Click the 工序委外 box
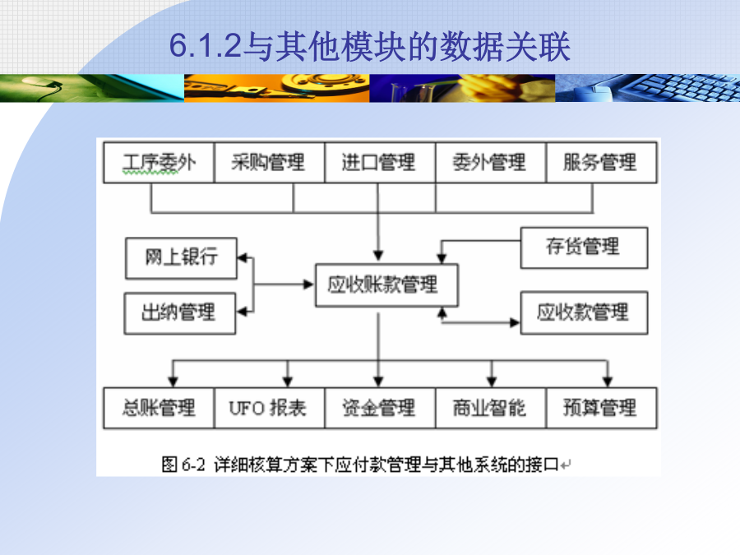click(x=159, y=162)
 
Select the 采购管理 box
click(x=270, y=162)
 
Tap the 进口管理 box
click(x=380, y=162)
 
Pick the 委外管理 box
click(x=491, y=162)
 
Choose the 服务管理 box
click(x=601, y=162)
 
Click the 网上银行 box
click(x=181, y=258)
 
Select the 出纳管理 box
click(x=180, y=313)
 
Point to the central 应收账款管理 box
click(x=386, y=285)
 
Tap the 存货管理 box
click(x=584, y=247)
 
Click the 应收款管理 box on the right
click(x=584, y=313)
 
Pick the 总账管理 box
click(x=159, y=408)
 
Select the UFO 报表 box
click(x=270, y=408)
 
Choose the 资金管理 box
click(x=380, y=408)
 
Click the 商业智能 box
click(x=491, y=408)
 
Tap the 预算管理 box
click(x=601, y=408)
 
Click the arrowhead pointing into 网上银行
click(x=242, y=257)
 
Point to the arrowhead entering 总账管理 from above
click(x=173, y=382)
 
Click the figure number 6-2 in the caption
click(x=193, y=465)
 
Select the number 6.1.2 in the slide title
click(x=206, y=46)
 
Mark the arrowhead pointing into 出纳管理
click(x=241, y=312)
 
